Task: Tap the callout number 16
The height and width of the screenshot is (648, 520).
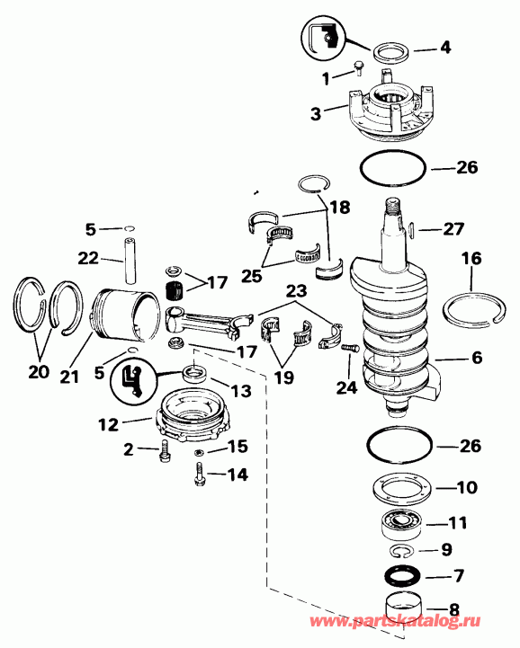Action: pos(471,259)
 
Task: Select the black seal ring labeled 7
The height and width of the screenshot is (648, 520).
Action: pos(397,575)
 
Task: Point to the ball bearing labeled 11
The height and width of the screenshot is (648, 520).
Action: pos(397,521)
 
